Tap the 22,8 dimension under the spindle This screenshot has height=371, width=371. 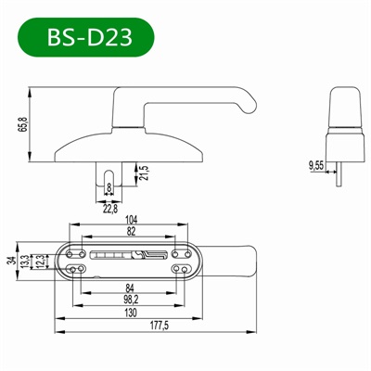click(109, 209)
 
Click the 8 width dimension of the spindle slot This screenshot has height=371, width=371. click(109, 189)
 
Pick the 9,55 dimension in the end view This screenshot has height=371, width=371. click(316, 166)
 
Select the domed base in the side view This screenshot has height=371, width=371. click(111, 145)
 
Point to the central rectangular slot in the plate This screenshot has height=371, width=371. click(130, 255)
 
